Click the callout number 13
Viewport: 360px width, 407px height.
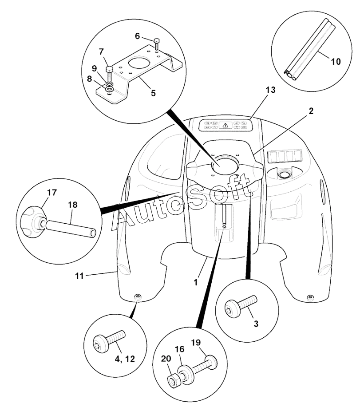tap(270, 90)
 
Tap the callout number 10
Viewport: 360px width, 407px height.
tap(335, 62)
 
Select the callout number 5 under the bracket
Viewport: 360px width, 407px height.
tap(154, 93)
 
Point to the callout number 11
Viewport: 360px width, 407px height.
tap(79, 276)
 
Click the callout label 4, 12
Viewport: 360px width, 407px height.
tap(125, 359)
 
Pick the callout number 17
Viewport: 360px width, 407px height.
tap(51, 193)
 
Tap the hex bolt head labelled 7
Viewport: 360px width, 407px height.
tap(109, 70)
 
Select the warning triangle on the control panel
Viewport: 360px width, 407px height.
tap(225, 125)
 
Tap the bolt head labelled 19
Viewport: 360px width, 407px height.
tap(211, 361)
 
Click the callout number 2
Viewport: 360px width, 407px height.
tap(311, 111)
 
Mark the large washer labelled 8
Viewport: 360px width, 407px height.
tap(110, 89)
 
